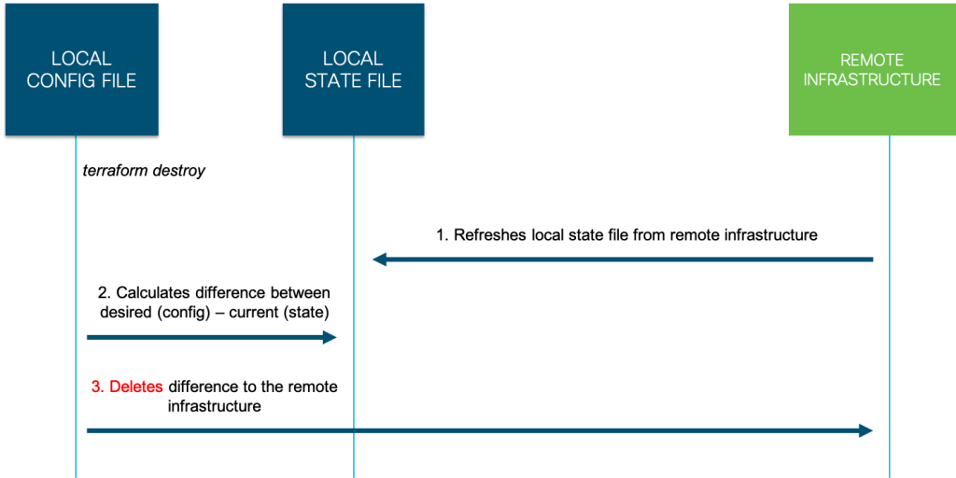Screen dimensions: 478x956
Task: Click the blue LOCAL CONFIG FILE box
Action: pyautogui.click(x=81, y=69)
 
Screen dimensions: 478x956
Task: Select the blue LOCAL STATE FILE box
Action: pyautogui.click(x=353, y=69)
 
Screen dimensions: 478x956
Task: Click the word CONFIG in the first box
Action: pyautogui.click(x=58, y=81)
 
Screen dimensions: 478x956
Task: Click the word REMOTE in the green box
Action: pyautogui.click(x=872, y=60)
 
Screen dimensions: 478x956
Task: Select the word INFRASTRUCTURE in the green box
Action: pyautogui.click(x=872, y=80)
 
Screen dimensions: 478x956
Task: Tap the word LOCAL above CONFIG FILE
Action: pyautogui.click(x=81, y=59)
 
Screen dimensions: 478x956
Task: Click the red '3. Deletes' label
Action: pyautogui.click(x=127, y=387)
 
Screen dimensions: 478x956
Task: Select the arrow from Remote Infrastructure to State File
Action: pyautogui.click(x=622, y=260)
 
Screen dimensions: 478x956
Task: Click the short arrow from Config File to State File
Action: pyautogui.click(x=210, y=337)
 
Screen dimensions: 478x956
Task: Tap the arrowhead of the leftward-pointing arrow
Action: pyautogui.click(x=378, y=260)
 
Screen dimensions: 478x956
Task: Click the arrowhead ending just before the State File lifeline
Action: pyautogui.click(x=330, y=337)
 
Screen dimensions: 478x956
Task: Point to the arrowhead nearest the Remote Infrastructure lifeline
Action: pyautogui.click(x=866, y=430)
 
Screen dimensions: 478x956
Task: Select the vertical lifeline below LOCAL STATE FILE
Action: pyautogui.click(x=354, y=187)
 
